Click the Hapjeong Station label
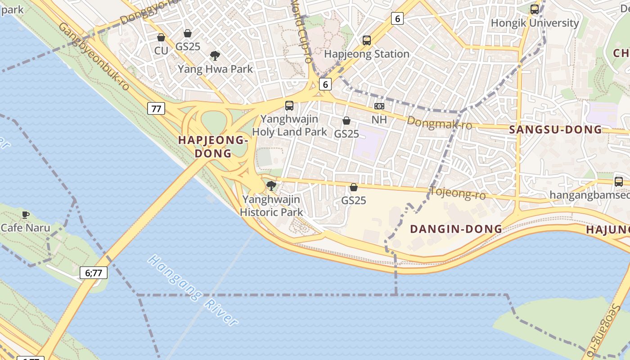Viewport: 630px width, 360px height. pyautogui.click(x=367, y=54)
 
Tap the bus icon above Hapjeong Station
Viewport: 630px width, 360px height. pyautogui.click(x=367, y=40)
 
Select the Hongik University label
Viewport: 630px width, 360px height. pyautogui.click(x=535, y=23)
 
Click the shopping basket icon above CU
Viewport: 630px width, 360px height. pyautogui.click(x=161, y=38)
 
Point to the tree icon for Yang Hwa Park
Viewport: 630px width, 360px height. pyautogui.click(x=215, y=56)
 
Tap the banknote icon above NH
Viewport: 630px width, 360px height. pyautogui.click(x=379, y=106)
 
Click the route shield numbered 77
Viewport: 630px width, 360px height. pyautogui.click(x=156, y=108)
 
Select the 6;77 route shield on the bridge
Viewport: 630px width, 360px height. pyautogui.click(x=94, y=272)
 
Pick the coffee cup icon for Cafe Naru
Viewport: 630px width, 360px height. pyautogui.click(x=26, y=215)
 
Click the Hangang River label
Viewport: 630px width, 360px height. pyautogui.click(x=193, y=290)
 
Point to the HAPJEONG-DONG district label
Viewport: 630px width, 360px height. pyautogui.click(x=213, y=147)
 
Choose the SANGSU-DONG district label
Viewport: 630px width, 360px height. pyautogui.click(x=555, y=130)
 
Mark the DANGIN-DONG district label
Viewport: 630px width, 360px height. pyautogui.click(x=456, y=229)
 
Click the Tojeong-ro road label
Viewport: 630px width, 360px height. pyautogui.click(x=458, y=193)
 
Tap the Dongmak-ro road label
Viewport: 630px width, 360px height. pyautogui.click(x=439, y=122)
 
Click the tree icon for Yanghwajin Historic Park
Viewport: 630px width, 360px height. pyautogui.click(x=271, y=186)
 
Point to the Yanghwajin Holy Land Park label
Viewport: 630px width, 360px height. pyautogui.click(x=290, y=126)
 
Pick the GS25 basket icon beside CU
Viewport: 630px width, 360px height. pyautogui.click(x=188, y=33)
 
